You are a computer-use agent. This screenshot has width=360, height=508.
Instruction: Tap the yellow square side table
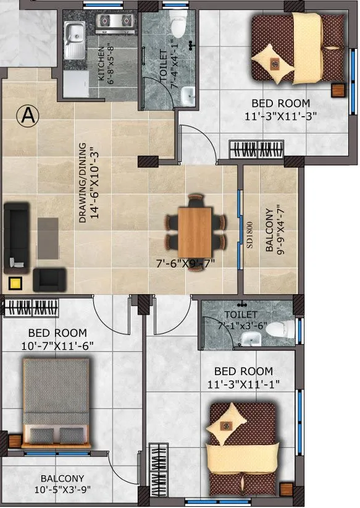tap(15, 284)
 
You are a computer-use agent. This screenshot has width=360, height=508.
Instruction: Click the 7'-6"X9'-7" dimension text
tap(189, 263)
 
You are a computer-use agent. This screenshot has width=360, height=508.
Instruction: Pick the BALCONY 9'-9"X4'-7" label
tap(275, 227)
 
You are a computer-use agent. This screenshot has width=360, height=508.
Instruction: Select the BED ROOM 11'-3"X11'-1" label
tap(243, 378)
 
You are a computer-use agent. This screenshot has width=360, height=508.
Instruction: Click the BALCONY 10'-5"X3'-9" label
tap(62, 484)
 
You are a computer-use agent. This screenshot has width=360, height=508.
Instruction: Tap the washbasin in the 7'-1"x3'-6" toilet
tap(251, 337)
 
